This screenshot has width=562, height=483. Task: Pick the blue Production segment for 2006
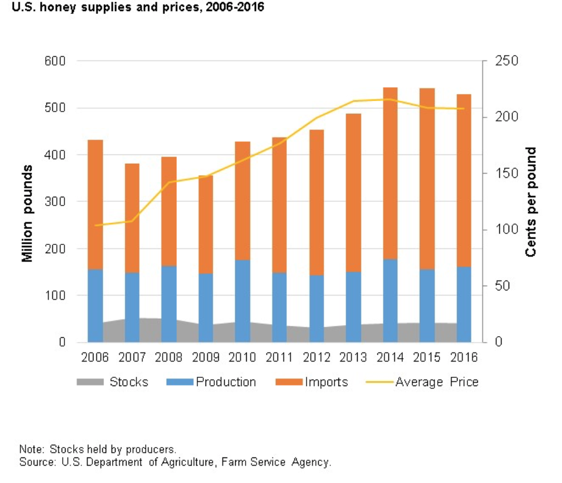coord(95,305)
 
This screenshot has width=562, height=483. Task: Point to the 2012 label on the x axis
coord(316,357)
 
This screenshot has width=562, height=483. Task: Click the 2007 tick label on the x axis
coord(132,357)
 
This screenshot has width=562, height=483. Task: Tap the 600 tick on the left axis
coord(55,61)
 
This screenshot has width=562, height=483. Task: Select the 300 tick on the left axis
coord(55,202)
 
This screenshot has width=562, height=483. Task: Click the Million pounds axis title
coord(27,213)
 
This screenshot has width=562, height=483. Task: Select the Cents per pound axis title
coord(530,202)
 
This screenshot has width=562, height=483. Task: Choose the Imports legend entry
coord(326,382)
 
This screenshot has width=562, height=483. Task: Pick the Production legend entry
coord(225,382)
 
